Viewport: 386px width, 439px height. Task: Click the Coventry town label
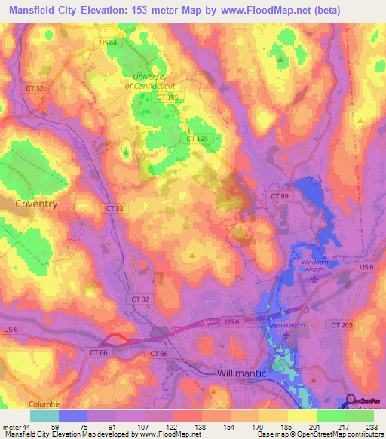pyautogui.click(x=37, y=204)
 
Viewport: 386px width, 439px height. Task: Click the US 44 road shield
pyautogui.click(x=107, y=43)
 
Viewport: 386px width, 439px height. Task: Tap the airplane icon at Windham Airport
pyautogui.click(x=314, y=278)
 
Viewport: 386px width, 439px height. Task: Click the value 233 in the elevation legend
pyautogui.click(x=372, y=425)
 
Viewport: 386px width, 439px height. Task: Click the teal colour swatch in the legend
pyautogui.click(x=44, y=415)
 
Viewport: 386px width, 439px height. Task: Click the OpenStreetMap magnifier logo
pyautogui.click(x=352, y=402)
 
